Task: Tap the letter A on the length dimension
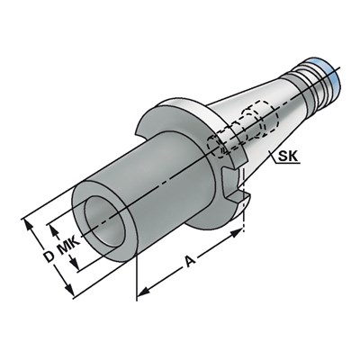(188, 262)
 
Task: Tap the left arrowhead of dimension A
(140, 292)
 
